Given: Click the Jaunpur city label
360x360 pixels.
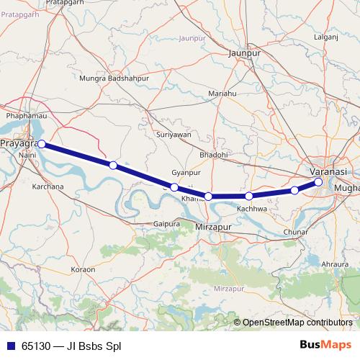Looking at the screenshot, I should tap(243, 53).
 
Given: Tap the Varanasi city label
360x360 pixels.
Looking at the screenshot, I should tap(328, 171).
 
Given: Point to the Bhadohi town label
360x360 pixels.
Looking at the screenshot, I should tap(214, 155).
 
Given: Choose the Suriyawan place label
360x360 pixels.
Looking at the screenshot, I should tap(174, 135).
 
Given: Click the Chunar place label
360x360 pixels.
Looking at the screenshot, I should tap(296, 233).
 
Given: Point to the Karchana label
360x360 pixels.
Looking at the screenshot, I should tap(48, 186).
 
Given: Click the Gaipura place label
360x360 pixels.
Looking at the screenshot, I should tap(166, 224).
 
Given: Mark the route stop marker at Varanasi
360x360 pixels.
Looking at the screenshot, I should tap(318, 182).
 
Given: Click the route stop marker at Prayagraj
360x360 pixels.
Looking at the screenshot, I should tap(42, 144).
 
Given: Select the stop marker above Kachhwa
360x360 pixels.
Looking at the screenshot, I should tap(248, 196).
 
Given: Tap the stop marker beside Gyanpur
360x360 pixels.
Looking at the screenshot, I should tap(174, 187).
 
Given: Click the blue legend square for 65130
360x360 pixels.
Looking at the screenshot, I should tap(10, 346).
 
